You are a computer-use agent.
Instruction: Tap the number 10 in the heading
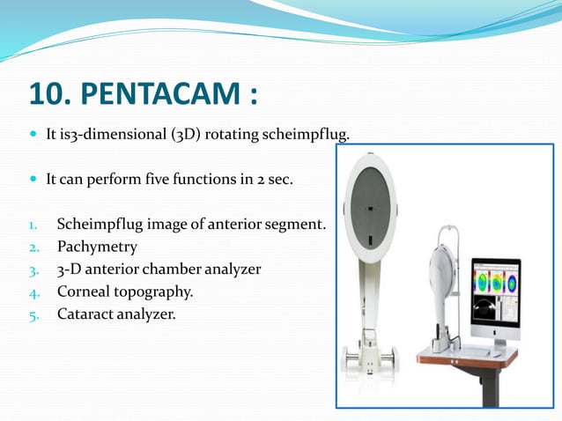[x=48, y=92]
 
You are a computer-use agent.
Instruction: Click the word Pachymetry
[x=97, y=247]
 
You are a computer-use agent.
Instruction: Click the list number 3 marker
[x=34, y=270]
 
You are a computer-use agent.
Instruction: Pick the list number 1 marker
[x=34, y=225]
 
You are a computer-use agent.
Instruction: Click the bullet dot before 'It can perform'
[x=33, y=178]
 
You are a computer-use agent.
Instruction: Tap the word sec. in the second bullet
[x=302, y=178]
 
